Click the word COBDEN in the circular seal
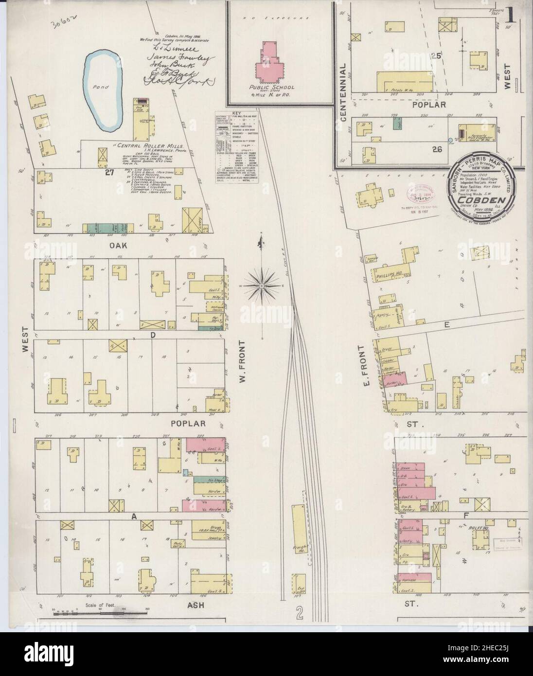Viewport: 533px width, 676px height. tap(489, 199)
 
